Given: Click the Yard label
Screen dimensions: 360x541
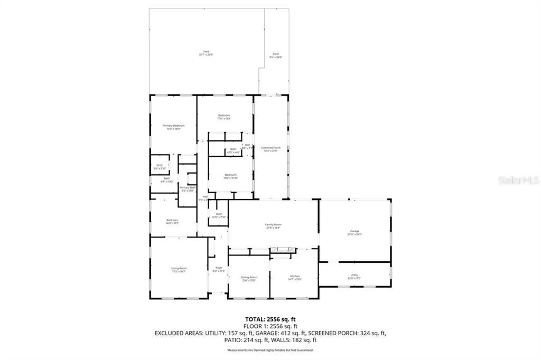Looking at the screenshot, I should click(x=206, y=53).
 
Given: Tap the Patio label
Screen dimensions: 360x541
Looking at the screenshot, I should click(x=276, y=55).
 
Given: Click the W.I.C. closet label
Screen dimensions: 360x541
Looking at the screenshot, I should click(x=160, y=167).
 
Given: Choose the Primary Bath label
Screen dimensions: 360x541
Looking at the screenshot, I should click(x=188, y=188).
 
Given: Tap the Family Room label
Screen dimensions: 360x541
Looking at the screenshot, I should click(x=273, y=226).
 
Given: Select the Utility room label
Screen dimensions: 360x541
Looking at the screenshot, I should click(x=354, y=276).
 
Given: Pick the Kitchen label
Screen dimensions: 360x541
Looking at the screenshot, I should click(x=294, y=278).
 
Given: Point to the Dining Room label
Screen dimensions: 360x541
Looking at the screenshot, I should click(x=249, y=278).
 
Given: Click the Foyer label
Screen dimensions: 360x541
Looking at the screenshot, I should click(x=219, y=270).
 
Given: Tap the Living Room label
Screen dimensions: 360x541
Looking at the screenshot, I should click(x=179, y=270).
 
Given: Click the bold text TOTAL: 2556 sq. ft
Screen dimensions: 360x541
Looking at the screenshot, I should click(x=270, y=319).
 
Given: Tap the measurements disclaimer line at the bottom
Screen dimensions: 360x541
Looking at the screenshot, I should click(x=270, y=350).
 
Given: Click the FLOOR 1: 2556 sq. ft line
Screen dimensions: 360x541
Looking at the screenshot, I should click(x=270, y=326).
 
